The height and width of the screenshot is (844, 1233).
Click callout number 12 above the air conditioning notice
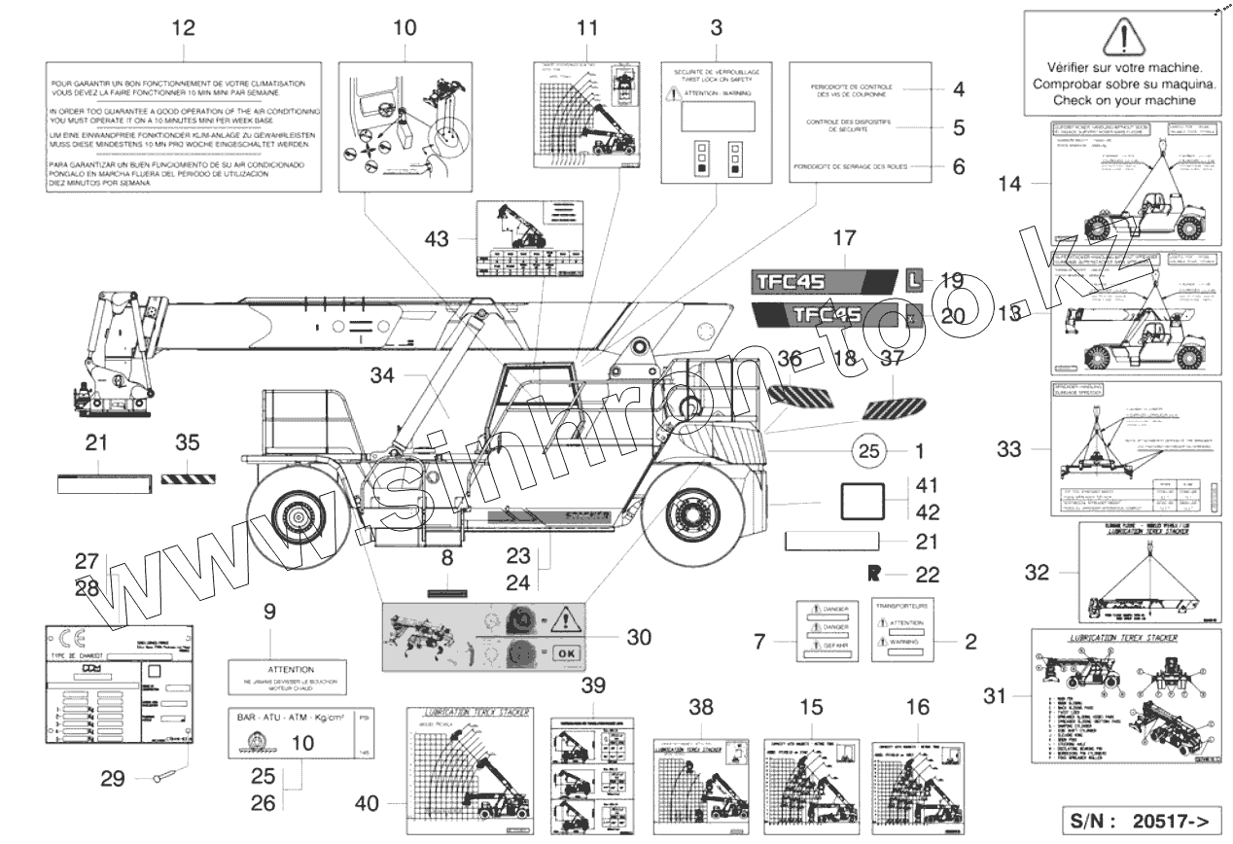click(x=184, y=27)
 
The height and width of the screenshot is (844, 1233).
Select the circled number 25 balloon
click(x=870, y=450)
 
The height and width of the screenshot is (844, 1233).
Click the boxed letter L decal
click(x=914, y=280)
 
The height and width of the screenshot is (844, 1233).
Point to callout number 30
click(x=639, y=637)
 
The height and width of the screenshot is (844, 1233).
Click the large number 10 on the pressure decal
click(x=302, y=743)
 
